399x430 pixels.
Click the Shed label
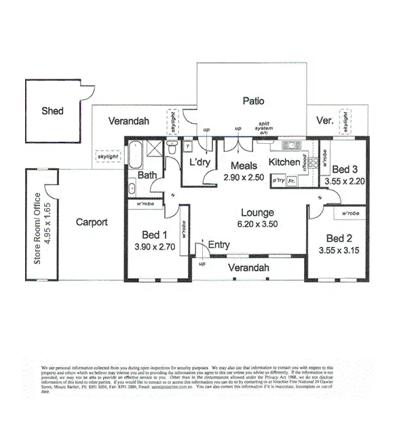52,111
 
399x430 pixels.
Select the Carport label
92,222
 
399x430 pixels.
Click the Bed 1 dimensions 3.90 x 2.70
155,247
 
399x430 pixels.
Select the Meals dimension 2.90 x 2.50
242,177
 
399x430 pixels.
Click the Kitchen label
284,163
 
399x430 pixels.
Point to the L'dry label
200,163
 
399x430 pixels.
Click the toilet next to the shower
188,146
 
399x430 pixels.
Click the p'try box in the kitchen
278,181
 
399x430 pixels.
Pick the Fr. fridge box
292,181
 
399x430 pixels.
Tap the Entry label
218,244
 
